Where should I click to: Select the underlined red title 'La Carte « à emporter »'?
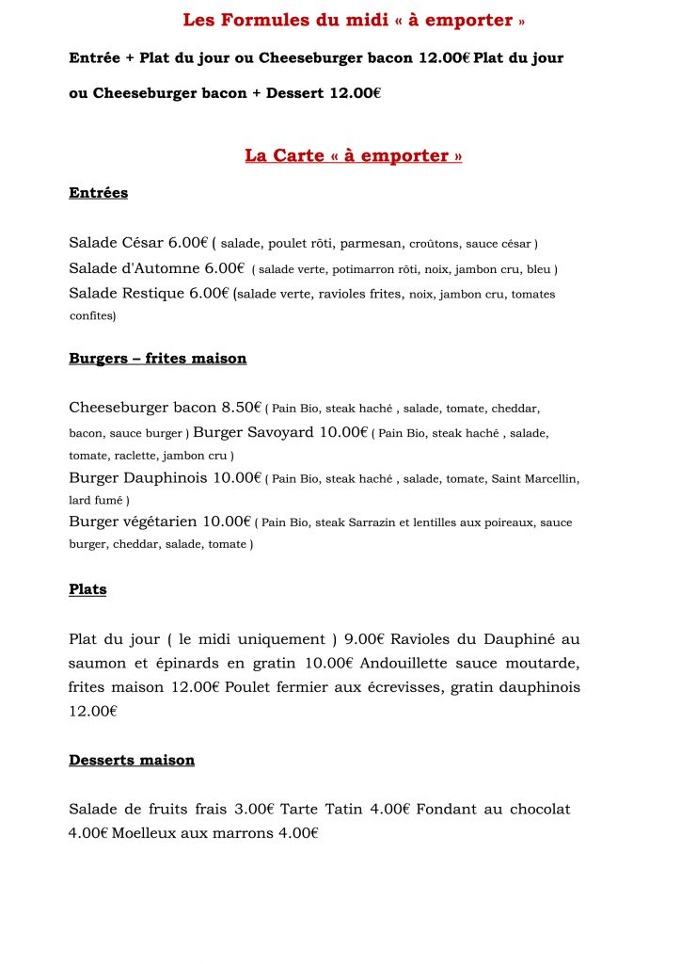click(x=353, y=155)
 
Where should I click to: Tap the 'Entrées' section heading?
click(x=98, y=193)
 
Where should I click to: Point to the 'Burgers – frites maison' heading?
click(x=157, y=359)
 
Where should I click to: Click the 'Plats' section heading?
click(x=87, y=589)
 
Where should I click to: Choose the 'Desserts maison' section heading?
click(x=132, y=760)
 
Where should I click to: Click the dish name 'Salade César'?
click(x=116, y=243)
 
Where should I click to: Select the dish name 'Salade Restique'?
click(x=126, y=293)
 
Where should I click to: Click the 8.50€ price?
click(x=241, y=408)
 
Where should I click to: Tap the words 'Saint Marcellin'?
click(x=535, y=478)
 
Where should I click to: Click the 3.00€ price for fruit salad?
click(x=254, y=809)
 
